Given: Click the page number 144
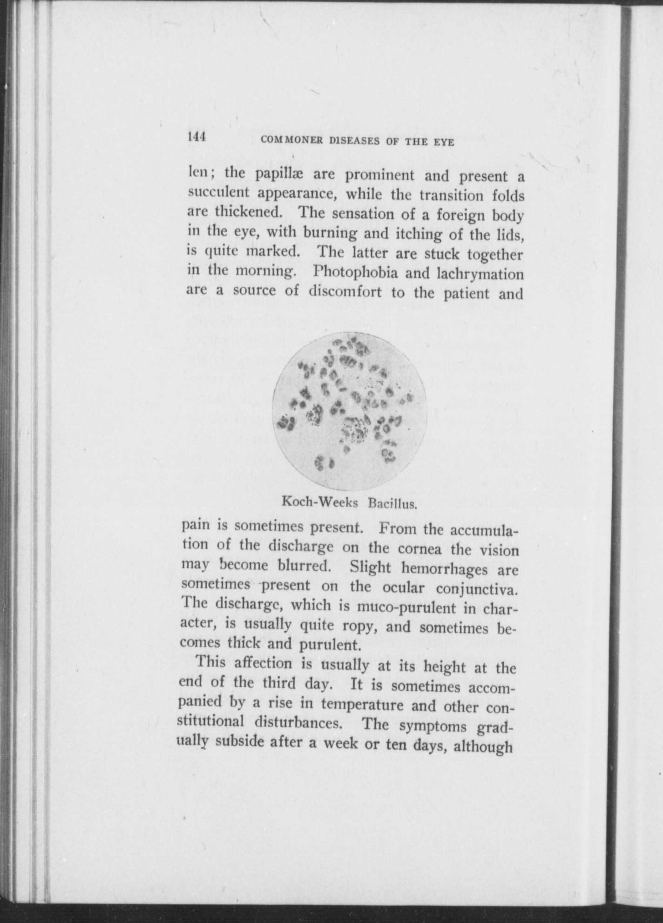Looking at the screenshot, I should coord(197,138).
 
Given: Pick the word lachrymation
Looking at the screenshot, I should coord(480,274).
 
